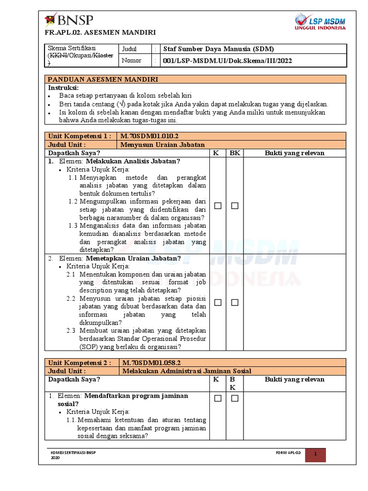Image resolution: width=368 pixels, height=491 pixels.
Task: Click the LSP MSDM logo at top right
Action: click(x=320, y=22)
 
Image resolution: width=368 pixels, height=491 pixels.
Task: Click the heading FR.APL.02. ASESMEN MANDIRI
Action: click(x=100, y=33)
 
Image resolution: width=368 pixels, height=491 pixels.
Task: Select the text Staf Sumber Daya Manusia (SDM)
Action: click(x=219, y=49)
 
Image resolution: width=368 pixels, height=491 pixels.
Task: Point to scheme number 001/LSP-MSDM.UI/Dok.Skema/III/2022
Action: click(x=228, y=61)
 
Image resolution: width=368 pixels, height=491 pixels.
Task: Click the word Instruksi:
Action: click(x=63, y=88)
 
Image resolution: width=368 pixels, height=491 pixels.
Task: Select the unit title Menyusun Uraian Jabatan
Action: click(x=162, y=144)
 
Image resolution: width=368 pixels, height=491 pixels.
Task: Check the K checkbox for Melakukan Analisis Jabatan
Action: click(x=218, y=206)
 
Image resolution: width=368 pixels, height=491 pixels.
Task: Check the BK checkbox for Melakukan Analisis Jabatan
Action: click(x=234, y=206)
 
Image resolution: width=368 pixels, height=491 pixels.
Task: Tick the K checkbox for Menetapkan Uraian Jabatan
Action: click(x=218, y=303)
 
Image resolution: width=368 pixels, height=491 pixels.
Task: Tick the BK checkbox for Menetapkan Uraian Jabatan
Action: click(x=234, y=303)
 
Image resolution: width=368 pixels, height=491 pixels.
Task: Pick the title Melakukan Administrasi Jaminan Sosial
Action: click(x=186, y=371)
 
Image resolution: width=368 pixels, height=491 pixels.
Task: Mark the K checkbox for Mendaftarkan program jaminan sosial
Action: click(x=218, y=398)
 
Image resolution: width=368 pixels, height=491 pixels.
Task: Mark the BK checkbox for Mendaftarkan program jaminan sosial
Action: click(x=234, y=398)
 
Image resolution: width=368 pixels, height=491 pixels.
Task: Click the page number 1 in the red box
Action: click(x=315, y=454)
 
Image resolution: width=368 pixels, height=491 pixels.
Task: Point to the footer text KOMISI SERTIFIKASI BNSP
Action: click(x=73, y=453)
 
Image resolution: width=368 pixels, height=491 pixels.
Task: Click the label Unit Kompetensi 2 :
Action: click(x=80, y=362)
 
